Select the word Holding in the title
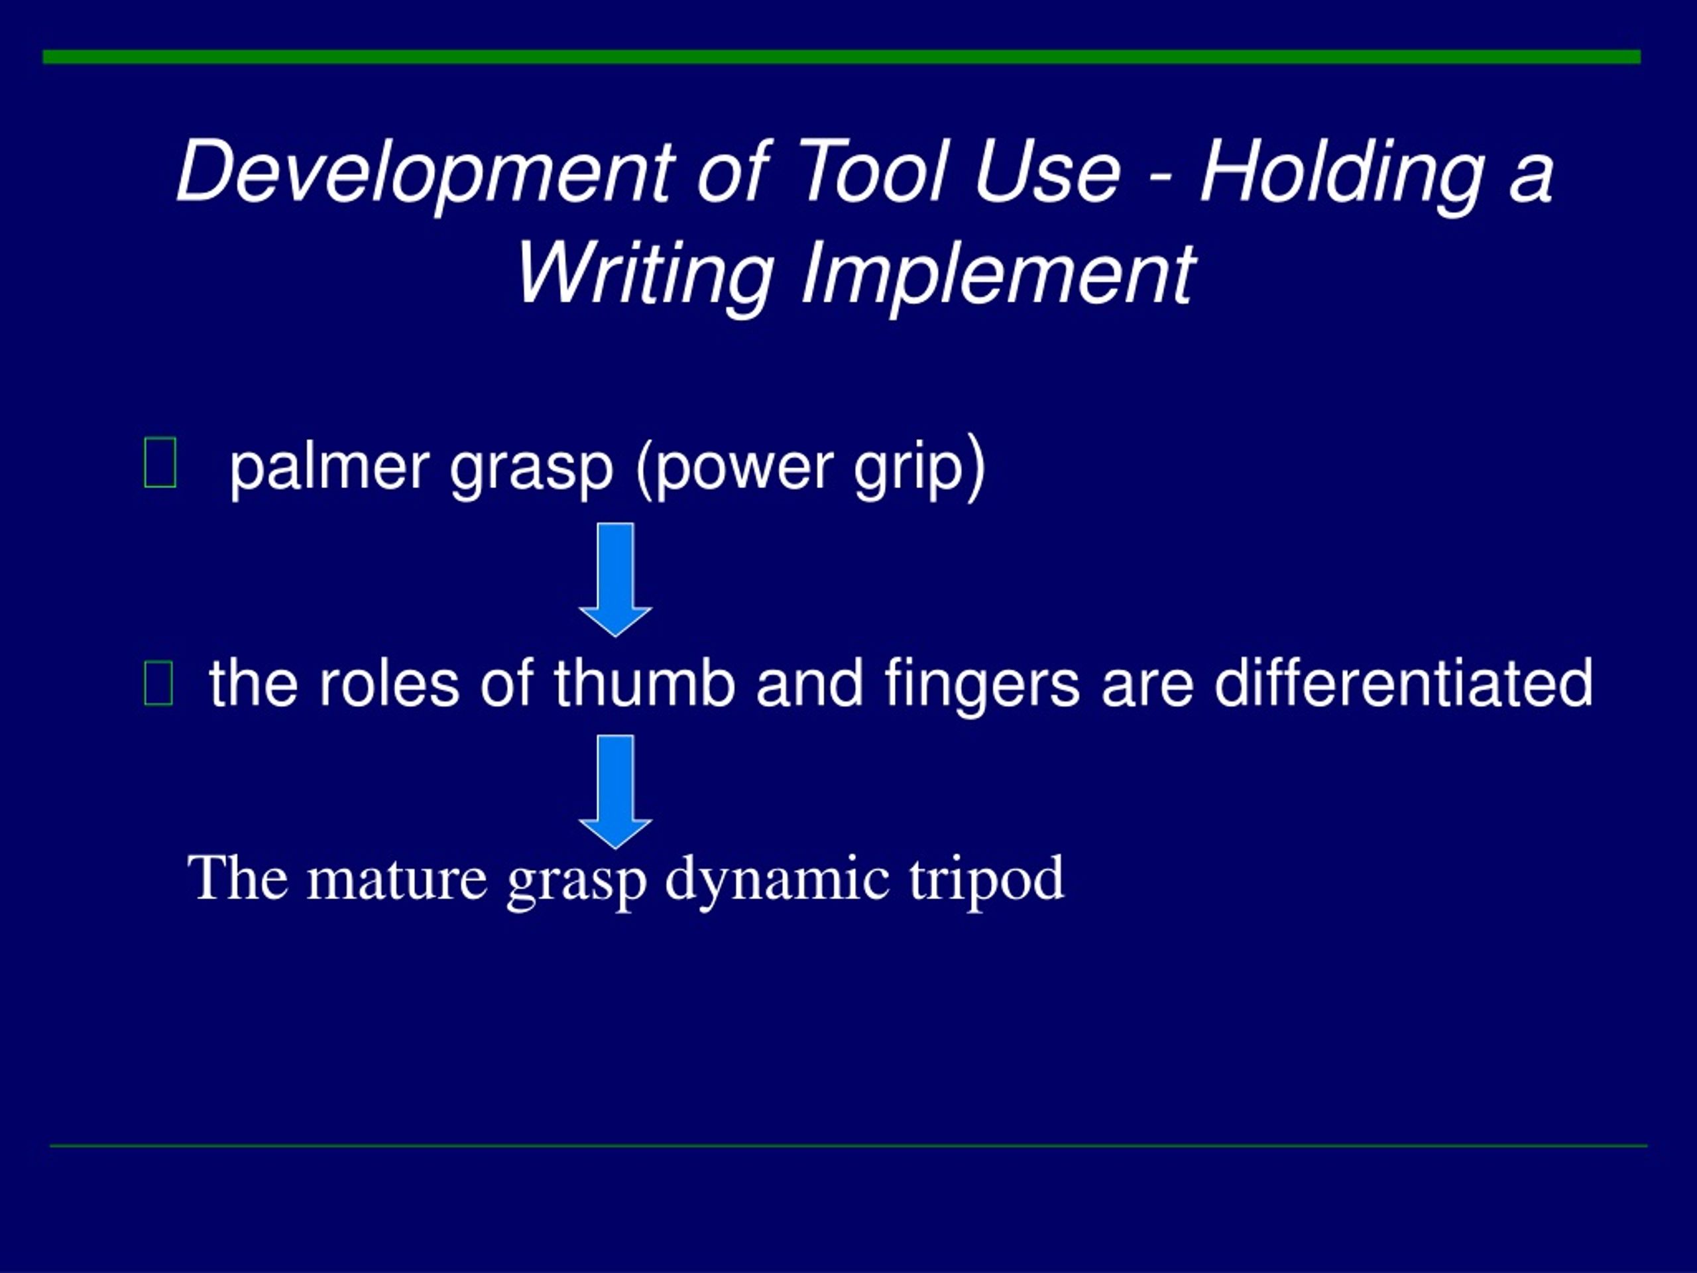(x=1342, y=172)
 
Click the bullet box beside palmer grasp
(x=160, y=463)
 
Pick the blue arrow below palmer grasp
(x=615, y=579)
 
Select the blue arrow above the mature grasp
(x=615, y=790)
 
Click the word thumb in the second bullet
(x=644, y=682)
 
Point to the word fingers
(x=982, y=684)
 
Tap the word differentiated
(x=1403, y=682)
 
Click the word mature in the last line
(x=396, y=879)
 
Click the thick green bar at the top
(x=842, y=57)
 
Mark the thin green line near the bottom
(x=848, y=1146)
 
